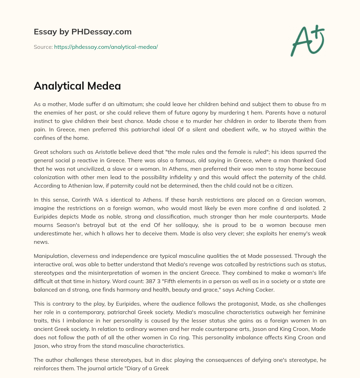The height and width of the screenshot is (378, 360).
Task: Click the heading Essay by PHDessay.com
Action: coord(83,32)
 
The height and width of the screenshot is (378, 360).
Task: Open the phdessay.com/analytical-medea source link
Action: coord(106,47)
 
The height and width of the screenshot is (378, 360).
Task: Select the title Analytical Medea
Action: coord(77,86)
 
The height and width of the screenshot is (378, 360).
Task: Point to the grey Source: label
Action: coord(43,47)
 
